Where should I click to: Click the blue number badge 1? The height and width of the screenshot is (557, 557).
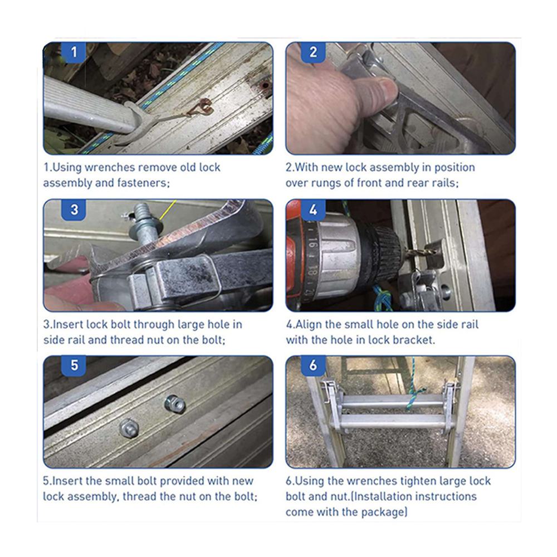pyautogui.click(x=74, y=52)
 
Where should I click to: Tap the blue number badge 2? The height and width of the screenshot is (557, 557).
pyautogui.click(x=312, y=52)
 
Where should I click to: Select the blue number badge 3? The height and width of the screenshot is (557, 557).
pyautogui.click(x=74, y=209)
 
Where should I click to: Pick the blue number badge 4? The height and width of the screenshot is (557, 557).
pyautogui.click(x=312, y=209)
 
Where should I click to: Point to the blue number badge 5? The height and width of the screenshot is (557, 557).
pyautogui.click(x=74, y=365)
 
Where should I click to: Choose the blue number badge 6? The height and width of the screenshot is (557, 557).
pyautogui.click(x=312, y=365)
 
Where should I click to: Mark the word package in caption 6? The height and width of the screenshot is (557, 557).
pyautogui.click(x=382, y=512)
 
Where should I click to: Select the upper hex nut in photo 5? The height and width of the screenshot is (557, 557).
pyautogui.click(x=175, y=404)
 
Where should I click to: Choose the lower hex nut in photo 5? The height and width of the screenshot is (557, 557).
pyautogui.click(x=129, y=428)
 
